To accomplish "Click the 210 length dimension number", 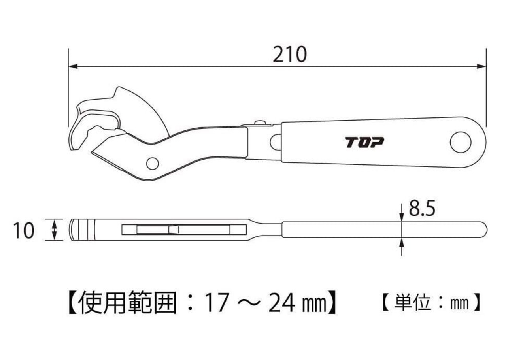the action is click(289, 55).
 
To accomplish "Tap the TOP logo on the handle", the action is click(364, 142).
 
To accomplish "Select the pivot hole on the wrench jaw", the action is click(152, 163).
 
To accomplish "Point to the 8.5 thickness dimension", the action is click(422, 209).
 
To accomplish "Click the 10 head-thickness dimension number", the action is click(24, 231).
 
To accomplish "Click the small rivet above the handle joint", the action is click(260, 123).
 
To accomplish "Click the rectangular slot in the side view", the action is click(184, 230).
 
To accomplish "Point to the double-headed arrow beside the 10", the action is click(55, 230).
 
